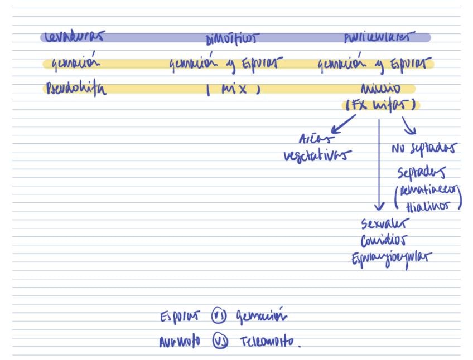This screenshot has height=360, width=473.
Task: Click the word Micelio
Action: point(380,89)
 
